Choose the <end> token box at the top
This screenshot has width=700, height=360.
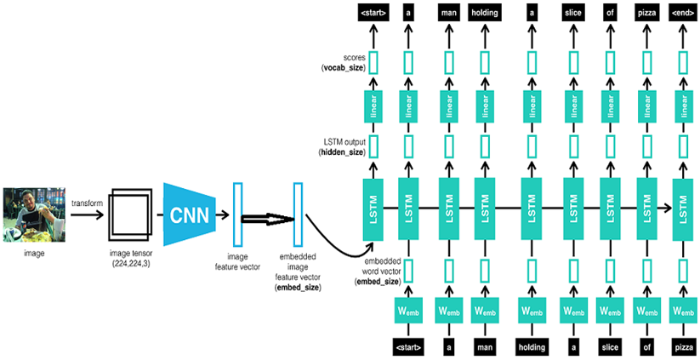coord(682,14)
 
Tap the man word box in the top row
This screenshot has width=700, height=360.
coord(448,14)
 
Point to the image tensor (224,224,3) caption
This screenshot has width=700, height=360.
coord(130,258)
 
